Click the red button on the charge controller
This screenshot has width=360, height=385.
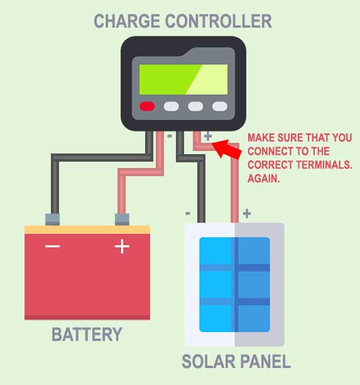coord(147,106)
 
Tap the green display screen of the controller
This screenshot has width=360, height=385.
coord(183,79)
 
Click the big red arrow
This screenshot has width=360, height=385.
coord(226,149)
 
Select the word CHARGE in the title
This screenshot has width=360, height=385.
coord(127,21)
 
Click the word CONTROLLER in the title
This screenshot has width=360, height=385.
coord(219,21)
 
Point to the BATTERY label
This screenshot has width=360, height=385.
coord(87,334)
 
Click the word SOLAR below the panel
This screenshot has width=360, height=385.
coord(209,362)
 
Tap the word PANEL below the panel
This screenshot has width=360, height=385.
coord(266,362)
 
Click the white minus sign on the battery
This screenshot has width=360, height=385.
coord(53,246)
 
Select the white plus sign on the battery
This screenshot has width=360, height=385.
coord(122,246)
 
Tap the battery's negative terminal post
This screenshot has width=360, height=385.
coord(53,220)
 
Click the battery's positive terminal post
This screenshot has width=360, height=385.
coord(122,220)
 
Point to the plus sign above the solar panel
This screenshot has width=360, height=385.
coord(247,213)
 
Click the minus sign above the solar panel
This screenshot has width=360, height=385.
coord(188,213)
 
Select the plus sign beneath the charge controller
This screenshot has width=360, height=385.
coord(208,136)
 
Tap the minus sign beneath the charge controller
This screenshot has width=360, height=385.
coord(170,136)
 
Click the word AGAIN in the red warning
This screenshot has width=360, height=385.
coord(264,178)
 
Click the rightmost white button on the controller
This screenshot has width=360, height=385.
coord(220,106)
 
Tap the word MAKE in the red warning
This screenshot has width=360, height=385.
coord(261,138)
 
